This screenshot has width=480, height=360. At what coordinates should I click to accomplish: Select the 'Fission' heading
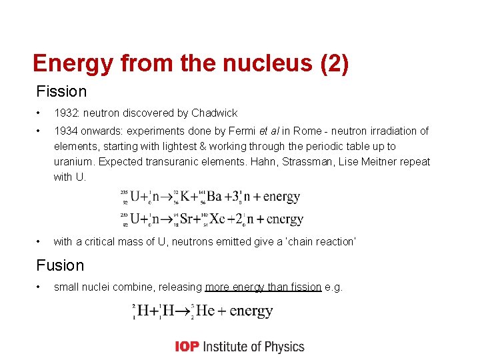61,91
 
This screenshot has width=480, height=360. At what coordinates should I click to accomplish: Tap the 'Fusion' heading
60,265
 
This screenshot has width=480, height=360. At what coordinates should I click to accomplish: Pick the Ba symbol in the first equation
213,197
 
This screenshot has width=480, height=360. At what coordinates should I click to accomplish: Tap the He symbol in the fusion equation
203,311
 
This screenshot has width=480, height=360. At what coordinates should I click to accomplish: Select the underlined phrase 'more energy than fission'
263,287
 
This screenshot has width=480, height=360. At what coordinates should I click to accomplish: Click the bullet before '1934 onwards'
40,131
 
